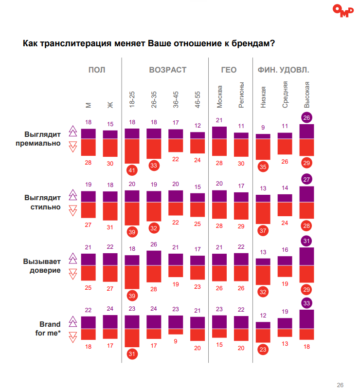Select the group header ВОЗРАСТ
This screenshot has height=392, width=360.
[167, 70]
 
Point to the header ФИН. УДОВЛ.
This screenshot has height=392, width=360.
[283, 70]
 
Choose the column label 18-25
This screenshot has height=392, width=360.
[132, 99]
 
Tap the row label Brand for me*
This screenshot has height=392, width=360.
[50, 328]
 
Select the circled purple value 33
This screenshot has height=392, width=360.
[306, 303]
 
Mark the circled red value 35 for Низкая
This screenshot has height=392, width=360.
[263, 167]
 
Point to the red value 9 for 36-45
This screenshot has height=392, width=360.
[176, 341]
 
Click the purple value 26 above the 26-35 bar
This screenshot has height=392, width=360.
[154, 244]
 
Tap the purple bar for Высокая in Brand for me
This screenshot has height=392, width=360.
[306, 319]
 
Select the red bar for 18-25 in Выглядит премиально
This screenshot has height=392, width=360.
[132, 151]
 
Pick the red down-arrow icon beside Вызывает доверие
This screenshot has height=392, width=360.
[73, 274]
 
